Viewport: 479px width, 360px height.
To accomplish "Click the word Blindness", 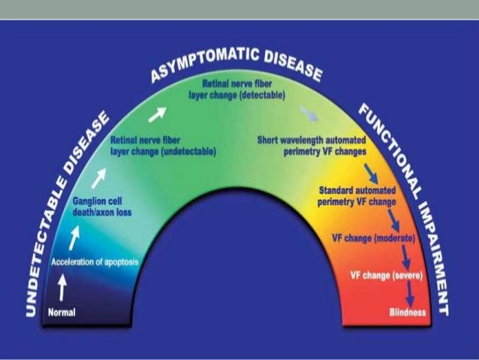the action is click(x=408, y=311).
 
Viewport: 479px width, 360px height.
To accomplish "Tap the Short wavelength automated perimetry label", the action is click(x=311, y=144).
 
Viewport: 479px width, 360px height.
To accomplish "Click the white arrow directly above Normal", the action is click(x=62, y=286).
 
